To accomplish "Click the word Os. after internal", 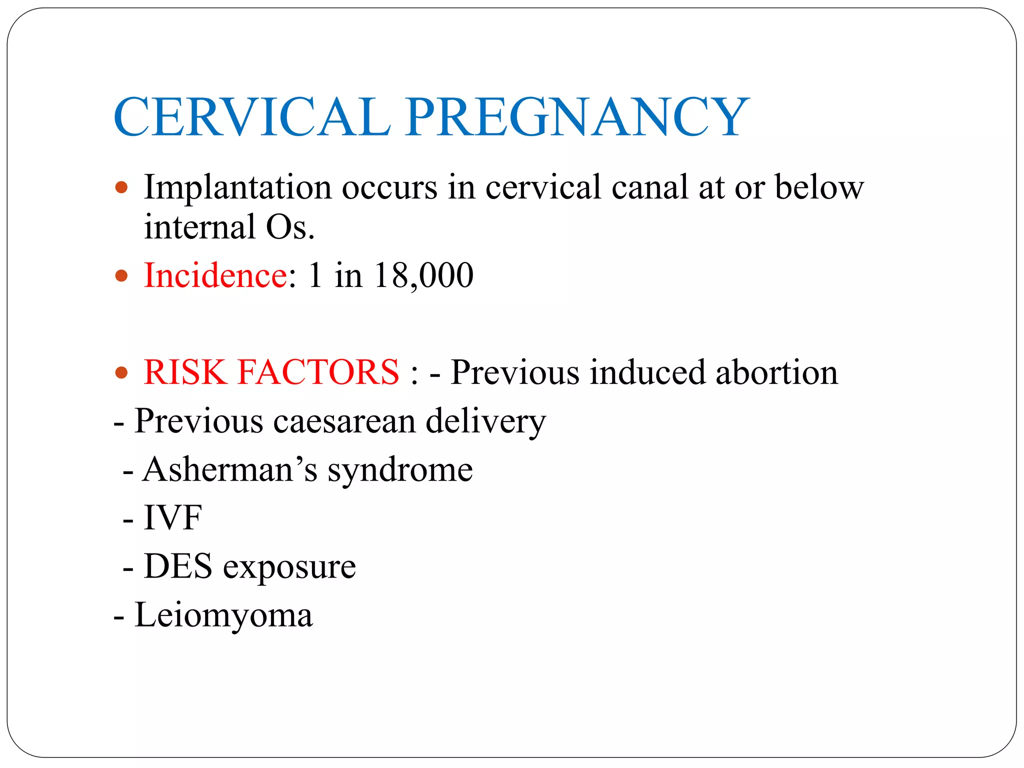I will click(x=290, y=227).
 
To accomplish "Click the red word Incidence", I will click(x=215, y=275).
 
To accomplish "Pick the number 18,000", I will click(x=423, y=275).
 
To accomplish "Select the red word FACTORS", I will click(x=318, y=372).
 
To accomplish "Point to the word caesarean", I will click(x=344, y=421).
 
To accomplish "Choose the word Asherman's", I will click(x=230, y=469).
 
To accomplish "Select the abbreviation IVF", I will click(x=172, y=517).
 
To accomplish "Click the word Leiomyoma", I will click(x=223, y=615).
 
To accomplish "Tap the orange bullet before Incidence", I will click(x=121, y=275).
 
